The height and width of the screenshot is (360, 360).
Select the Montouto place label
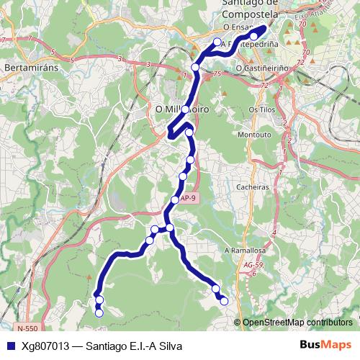(253, 134)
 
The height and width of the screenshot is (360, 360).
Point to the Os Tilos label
(262, 109)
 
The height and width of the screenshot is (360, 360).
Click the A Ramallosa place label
(245, 250)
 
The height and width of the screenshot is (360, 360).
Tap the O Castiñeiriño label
(262, 68)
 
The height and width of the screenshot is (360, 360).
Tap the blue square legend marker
(9, 346)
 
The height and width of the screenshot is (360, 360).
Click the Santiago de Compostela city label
(246, 10)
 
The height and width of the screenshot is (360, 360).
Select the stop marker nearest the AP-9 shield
(175, 199)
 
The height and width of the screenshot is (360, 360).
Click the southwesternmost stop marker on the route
(99, 312)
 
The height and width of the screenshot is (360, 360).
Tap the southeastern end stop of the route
(224, 300)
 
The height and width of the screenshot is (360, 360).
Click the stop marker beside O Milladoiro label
(185, 109)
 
